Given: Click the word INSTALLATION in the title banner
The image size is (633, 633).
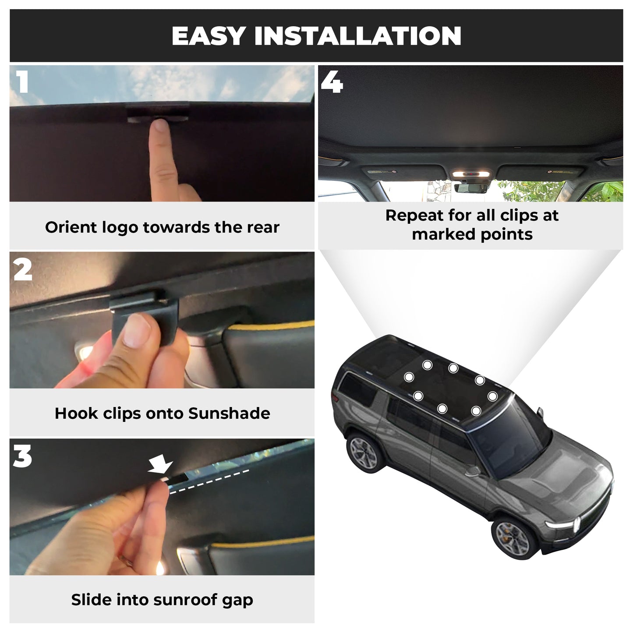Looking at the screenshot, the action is pyautogui.click(x=358, y=36).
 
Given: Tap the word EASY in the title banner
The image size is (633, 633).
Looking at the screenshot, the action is pyautogui.click(x=209, y=36).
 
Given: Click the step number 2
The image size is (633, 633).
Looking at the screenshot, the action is pyautogui.click(x=23, y=269).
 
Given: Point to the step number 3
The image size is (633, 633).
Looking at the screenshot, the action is pyautogui.click(x=22, y=456).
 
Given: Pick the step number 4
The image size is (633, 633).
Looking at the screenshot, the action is pyautogui.click(x=332, y=82).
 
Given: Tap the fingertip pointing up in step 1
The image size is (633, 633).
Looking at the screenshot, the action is pyautogui.click(x=161, y=125).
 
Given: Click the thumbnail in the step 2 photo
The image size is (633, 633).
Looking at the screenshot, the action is pyautogui.click(x=137, y=331).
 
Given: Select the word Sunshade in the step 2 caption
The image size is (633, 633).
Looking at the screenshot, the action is pyautogui.click(x=229, y=413).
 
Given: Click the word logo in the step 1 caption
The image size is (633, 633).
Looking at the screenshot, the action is pyautogui.click(x=119, y=228).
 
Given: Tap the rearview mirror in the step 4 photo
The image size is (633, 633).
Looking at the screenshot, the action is pyautogui.click(x=471, y=188).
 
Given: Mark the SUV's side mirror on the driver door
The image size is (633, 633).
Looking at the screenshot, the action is pyautogui.click(x=473, y=471).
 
